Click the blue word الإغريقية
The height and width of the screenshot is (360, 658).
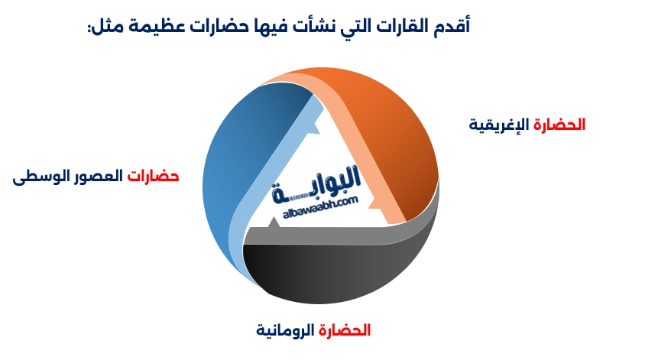499,125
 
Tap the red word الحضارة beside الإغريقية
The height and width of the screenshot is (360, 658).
559,125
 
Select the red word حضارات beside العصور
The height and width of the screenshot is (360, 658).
153,177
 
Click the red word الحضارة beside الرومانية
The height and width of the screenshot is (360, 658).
345,331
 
